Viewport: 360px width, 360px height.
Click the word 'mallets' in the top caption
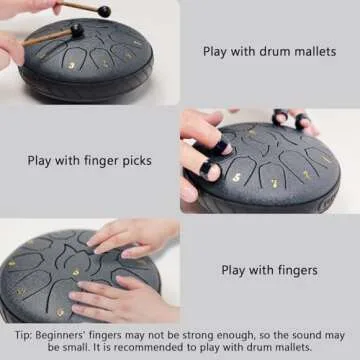click(312, 51)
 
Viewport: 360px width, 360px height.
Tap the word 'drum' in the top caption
click(271, 51)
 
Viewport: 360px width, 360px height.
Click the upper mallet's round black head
click(103, 11)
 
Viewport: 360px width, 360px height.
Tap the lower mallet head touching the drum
click(77, 30)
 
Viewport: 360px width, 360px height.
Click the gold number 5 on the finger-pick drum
click(236, 177)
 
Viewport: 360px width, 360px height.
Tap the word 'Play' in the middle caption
click(39, 159)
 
